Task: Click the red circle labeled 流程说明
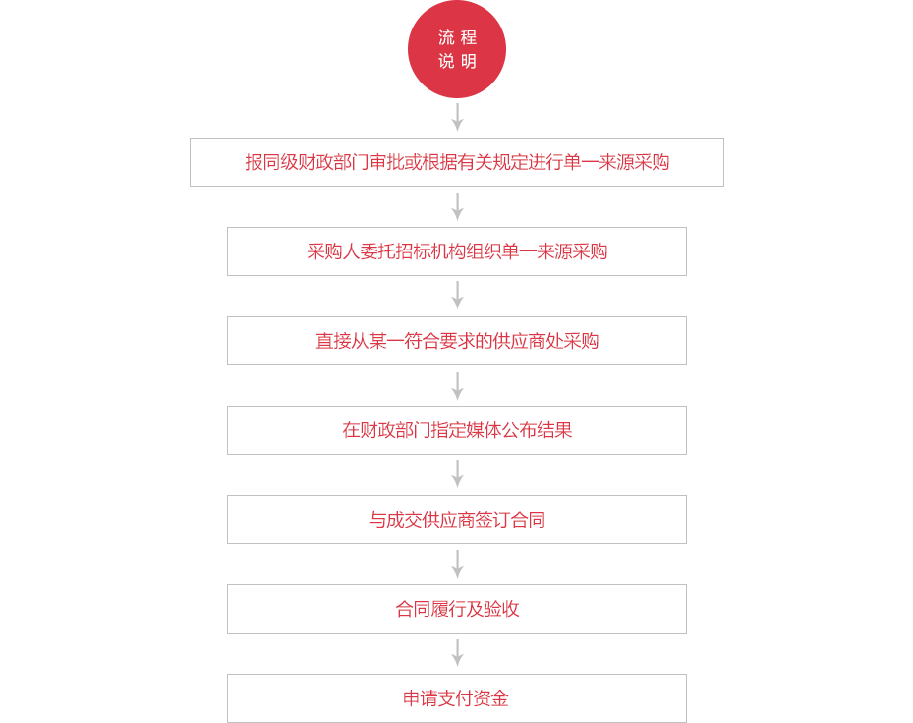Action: pos(457,49)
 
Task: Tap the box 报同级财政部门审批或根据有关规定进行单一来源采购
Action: pos(457,162)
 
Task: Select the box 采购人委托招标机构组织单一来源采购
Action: pos(457,251)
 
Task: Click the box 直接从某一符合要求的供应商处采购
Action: pos(457,341)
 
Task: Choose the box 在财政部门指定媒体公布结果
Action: pos(457,430)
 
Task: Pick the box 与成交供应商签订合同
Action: pos(457,520)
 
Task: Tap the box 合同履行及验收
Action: pos(457,609)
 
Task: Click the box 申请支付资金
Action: pos(457,698)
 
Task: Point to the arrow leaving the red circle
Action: pos(458,117)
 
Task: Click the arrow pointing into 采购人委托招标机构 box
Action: pos(458,206)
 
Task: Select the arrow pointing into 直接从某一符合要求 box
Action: pos(458,295)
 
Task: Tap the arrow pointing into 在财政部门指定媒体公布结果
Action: pos(458,386)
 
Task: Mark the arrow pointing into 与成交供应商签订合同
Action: pos(458,473)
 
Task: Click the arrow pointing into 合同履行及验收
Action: pos(458,564)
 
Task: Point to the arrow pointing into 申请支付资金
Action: pos(458,652)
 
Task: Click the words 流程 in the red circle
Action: pos(458,38)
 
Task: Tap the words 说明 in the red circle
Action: pos(458,61)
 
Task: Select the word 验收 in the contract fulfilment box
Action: pos(501,609)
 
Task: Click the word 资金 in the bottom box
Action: pos(490,698)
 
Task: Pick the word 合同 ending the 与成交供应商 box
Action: pos(528,520)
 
